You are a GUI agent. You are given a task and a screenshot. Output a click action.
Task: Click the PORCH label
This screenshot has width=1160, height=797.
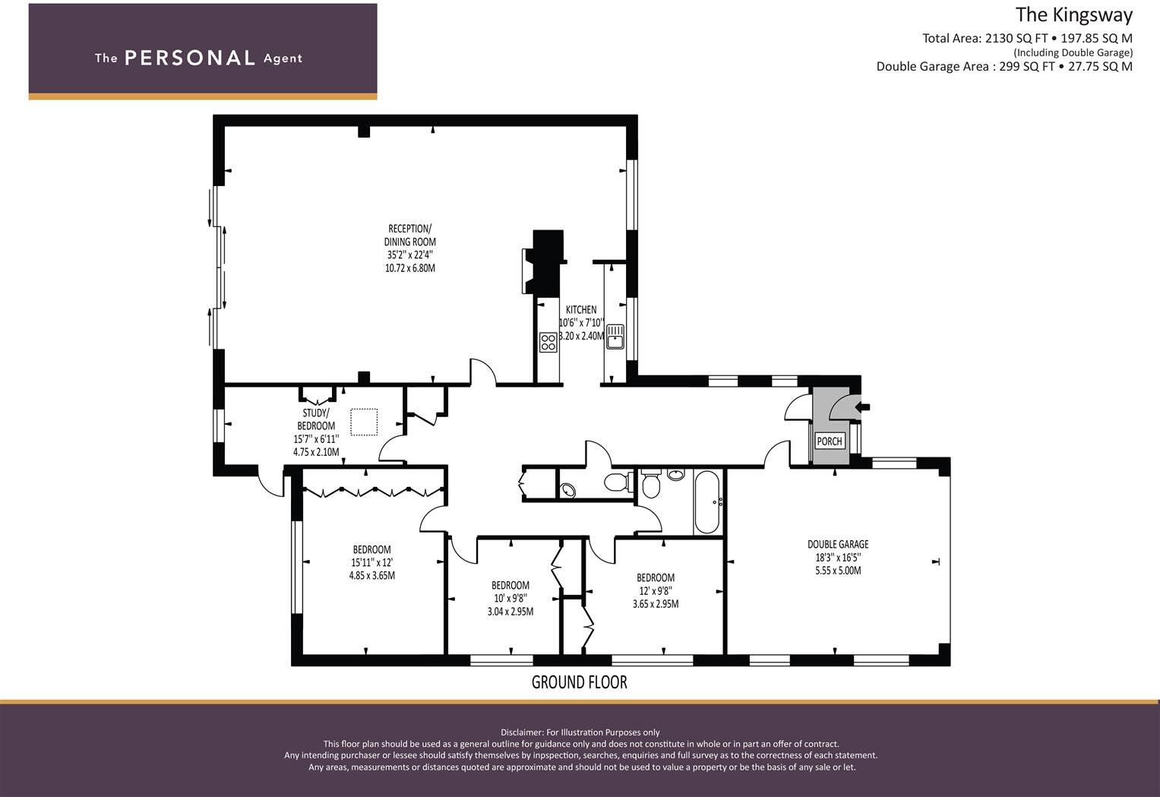point(829,441)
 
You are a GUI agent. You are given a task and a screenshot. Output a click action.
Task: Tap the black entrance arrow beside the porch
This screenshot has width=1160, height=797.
point(862,407)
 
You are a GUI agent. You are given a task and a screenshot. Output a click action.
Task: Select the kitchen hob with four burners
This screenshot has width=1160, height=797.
point(548,342)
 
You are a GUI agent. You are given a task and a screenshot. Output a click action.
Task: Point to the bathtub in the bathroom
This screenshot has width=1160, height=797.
point(707,501)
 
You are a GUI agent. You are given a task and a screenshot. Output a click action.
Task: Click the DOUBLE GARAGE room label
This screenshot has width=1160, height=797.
point(838,544)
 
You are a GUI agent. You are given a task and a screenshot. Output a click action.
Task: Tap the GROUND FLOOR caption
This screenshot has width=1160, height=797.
point(579,682)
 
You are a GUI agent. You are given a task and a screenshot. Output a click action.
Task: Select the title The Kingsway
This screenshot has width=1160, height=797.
point(1074,15)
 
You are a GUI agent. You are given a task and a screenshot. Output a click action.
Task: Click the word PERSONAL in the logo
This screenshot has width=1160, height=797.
point(190,58)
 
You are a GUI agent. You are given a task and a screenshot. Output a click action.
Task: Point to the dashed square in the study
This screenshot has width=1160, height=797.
point(364,422)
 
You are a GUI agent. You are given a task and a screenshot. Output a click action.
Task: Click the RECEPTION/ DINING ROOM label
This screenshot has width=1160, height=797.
point(409,235)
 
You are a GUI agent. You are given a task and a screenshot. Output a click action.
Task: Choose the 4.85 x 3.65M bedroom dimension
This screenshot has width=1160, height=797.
point(371,575)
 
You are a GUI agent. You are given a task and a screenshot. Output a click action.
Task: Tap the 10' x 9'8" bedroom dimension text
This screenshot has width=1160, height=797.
point(510,598)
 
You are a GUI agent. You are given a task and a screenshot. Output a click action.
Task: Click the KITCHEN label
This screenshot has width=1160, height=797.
point(581,310)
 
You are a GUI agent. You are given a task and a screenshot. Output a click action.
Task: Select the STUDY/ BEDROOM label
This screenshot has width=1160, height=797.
point(316,419)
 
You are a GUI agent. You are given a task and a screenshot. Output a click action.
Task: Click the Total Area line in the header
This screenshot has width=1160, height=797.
point(1027,38)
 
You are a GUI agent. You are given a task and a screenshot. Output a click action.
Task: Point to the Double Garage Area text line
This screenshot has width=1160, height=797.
point(1004,66)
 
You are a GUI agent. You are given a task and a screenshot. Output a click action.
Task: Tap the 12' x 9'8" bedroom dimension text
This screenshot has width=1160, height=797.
point(655,590)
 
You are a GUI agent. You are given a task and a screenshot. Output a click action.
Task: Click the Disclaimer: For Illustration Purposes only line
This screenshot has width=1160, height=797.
point(580,732)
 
